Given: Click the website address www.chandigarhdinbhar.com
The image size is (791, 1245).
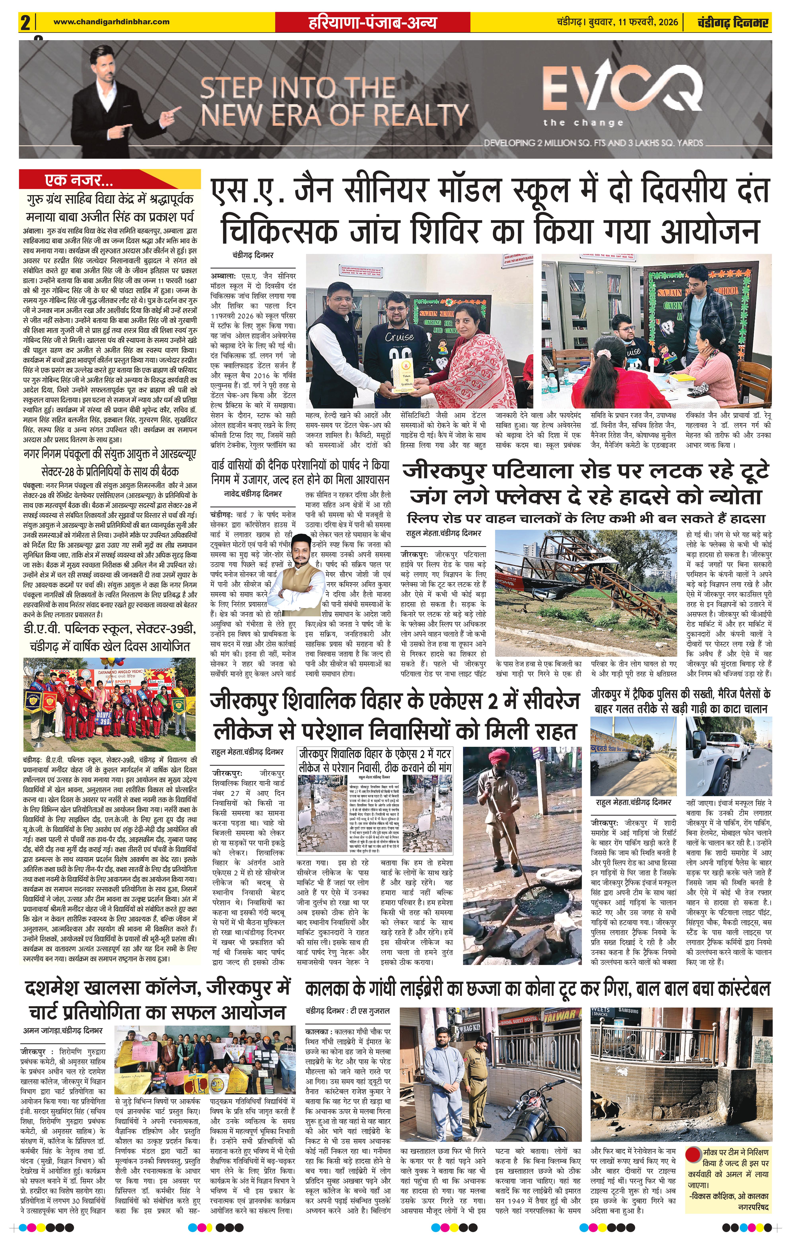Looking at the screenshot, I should click(111, 22).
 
